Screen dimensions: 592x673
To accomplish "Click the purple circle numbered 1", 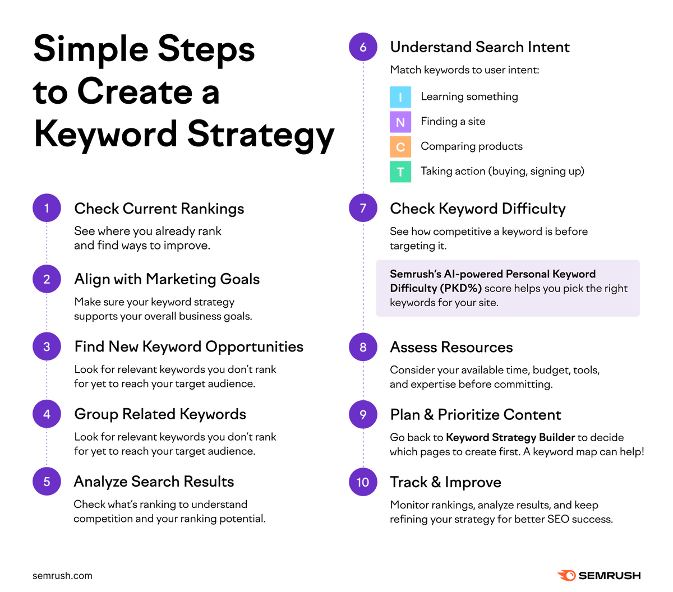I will click(47, 208).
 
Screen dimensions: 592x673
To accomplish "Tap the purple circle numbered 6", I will click(363, 47).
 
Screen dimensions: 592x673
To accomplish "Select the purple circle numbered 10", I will click(363, 482).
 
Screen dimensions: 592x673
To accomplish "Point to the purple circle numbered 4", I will click(47, 414).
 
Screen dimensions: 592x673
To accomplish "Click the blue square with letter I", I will click(400, 97).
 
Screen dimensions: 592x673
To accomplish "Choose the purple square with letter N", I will click(400, 122).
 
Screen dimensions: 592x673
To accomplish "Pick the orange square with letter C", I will click(400, 147).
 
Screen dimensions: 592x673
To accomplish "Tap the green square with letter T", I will click(400, 172).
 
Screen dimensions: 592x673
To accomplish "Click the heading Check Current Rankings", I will click(159, 209).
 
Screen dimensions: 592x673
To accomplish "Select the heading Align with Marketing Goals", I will click(167, 279).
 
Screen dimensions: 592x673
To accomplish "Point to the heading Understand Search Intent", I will click(480, 47).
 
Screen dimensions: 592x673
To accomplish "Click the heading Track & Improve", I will click(445, 482).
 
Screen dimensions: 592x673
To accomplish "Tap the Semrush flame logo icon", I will click(566, 575).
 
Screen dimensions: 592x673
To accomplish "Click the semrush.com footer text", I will click(62, 576).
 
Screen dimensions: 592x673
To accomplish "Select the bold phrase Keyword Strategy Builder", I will click(510, 437).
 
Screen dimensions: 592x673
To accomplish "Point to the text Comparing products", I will click(472, 146).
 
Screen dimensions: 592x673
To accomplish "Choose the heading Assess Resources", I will click(451, 348).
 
